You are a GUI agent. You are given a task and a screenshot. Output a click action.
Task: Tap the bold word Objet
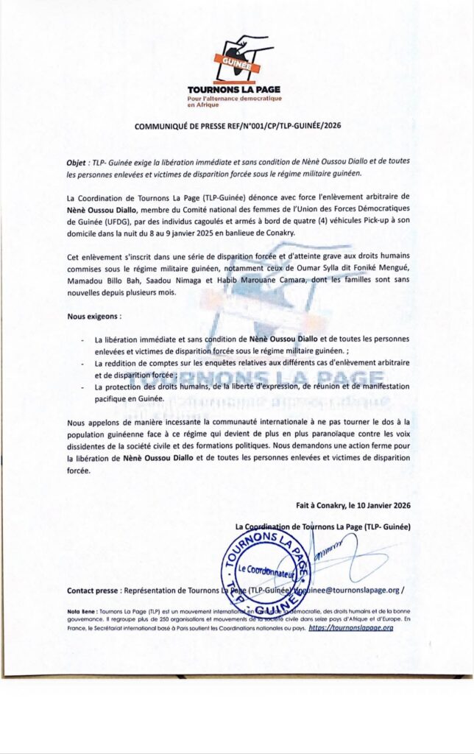[x=78, y=161]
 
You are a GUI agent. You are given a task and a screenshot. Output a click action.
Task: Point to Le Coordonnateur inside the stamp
[x=266, y=571]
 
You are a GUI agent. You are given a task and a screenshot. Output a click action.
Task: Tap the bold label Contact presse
[x=93, y=591]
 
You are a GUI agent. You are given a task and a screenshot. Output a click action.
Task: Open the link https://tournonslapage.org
[x=350, y=628]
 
